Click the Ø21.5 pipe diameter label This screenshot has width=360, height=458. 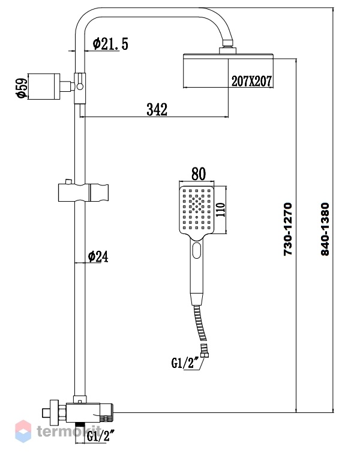point(110,44)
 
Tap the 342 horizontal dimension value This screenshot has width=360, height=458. point(157,109)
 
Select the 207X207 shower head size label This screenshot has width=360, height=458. point(251,81)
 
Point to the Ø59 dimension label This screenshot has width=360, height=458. point(22,87)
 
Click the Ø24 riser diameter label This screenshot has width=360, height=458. point(98,256)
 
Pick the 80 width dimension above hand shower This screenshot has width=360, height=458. point(199,173)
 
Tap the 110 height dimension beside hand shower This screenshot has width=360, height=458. point(220,209)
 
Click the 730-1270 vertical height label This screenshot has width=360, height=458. point(287,229)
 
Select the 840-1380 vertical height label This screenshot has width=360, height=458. point(325,229)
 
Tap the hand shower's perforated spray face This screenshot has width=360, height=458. point(196,209)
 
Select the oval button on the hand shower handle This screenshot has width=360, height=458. point(197,250)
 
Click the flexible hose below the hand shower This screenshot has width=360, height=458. point(200,323)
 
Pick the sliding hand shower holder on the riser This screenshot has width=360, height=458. point(83,192)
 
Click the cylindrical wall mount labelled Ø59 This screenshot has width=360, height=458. point(44,86)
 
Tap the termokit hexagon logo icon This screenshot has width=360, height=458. point(23,431)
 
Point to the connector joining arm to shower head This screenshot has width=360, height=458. point(227,48)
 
